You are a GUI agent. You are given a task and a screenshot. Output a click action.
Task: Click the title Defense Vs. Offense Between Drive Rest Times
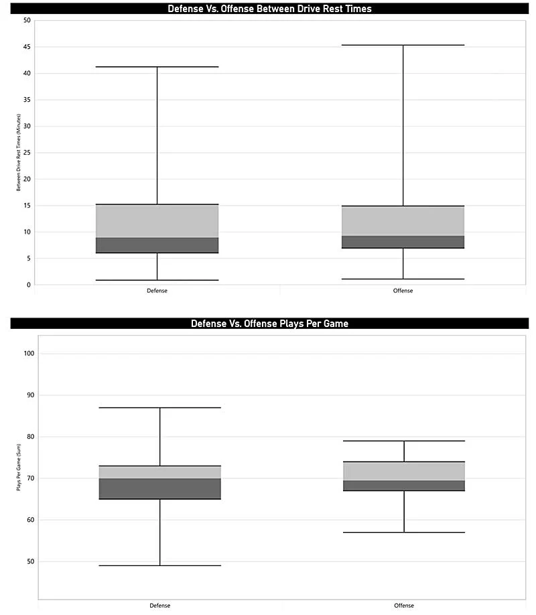point(269,9)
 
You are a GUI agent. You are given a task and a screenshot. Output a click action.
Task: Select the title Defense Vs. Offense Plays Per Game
point(269,324)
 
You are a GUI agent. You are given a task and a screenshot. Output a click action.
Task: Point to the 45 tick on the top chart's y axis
point(27,47)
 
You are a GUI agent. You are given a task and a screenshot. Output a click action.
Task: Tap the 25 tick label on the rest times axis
point(27,153)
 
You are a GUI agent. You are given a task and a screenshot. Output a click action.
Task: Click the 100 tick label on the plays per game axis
point(29,353)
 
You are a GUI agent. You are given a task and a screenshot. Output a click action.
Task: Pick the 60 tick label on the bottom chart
point(31,520)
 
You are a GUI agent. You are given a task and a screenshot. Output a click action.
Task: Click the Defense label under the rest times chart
point(157,291)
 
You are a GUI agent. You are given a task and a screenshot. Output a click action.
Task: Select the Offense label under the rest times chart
point(403,291)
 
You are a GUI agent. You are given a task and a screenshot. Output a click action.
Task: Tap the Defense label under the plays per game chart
point(160,606)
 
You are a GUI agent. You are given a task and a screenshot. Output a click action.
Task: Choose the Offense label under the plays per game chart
point(404,606)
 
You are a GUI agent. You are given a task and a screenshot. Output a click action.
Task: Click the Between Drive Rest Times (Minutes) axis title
point(19,153)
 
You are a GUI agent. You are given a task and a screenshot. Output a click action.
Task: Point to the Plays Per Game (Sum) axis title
point(19,467)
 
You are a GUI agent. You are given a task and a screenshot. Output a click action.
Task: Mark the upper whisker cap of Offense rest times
point(403,45)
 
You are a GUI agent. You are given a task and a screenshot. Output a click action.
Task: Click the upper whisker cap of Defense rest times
point(157,67)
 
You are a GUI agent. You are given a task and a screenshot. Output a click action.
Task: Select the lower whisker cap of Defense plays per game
point(160,565)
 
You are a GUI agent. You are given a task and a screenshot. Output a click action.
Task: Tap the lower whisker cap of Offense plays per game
point(404,532)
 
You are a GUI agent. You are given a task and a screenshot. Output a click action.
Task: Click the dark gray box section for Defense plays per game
point(160,488)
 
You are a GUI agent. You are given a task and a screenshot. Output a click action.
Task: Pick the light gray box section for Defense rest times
point(157,221)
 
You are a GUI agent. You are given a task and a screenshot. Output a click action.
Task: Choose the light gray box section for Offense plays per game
point(404,471)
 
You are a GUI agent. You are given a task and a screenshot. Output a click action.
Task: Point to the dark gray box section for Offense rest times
point(403,242)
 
